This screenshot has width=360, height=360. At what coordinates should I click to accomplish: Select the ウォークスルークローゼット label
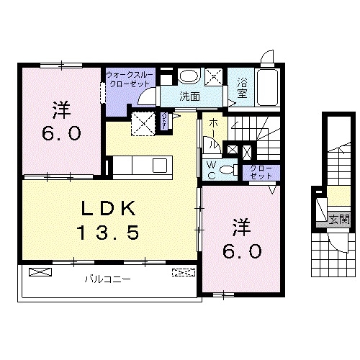pyautogui.click(x=125, y=78)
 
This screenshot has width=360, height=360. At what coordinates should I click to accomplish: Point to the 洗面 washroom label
pyautogui.click(x=189, y=95)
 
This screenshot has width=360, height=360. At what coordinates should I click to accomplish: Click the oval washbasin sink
pyautogui.click(x=189, y=76)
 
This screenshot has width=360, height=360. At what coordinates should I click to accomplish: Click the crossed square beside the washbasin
pyautogui.click(x=215, y=76)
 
